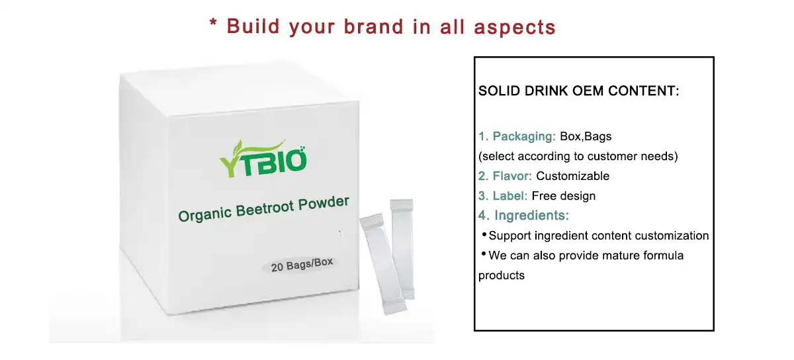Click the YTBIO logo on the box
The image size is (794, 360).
(x=263, y=158)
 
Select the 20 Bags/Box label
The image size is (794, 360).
(x=302, y=264)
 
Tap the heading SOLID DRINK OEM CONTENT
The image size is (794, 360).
(x=579, y=91)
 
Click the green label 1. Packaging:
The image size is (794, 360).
(x=517, y=137)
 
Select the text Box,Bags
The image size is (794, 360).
(x=586, y=137)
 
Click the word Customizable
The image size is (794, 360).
(x=572, y=176)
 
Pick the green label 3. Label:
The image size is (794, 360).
(x=503, y=196)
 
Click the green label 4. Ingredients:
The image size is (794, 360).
(x=523, y=215)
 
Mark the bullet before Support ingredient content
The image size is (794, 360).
(x=484, y=235)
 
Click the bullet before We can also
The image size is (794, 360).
(x=484, y=255)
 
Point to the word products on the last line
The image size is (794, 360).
(x=501, y=275)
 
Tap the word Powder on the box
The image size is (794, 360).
(x=323, y=203)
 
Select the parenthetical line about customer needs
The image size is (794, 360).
(x=578, y=157)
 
